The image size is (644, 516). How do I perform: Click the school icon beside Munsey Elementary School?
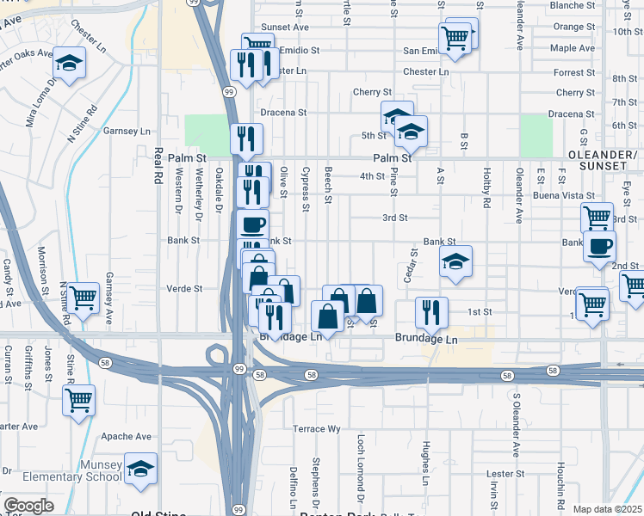[140, 469]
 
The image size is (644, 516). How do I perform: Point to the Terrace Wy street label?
[318, 428]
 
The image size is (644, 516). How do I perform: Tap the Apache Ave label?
[126, 437]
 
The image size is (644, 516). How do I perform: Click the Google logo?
[28, 506]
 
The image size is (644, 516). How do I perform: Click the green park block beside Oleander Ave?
[536, 132]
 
